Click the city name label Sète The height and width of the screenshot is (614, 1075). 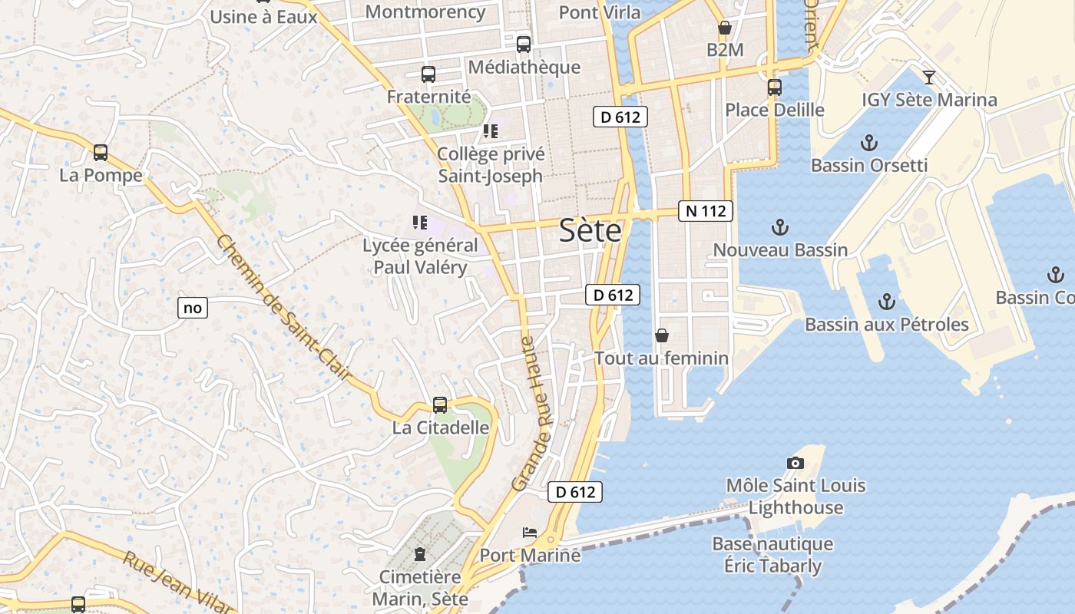pyautogui.click(x=590, y=230)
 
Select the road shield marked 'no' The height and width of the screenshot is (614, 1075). pyautogui.click(x=192, y=309)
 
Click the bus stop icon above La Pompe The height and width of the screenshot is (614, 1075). pyautogui.click(x=101, y=152)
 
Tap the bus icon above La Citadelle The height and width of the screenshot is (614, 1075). pyautogui.click(x=440, y=404)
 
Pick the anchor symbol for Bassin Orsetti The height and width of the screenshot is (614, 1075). pyautogui.click(x=869, y=143)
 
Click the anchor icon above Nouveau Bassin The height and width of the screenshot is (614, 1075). pyautogui.click(x=780, y=227)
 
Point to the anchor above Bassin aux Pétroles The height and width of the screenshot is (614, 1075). pyautogui.click(x=887, y=301)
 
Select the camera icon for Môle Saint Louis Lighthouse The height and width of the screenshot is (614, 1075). pyautogui.click(x=795, y=463)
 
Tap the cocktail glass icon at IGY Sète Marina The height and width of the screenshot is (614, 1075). pyautogui.click(x=929, y=77)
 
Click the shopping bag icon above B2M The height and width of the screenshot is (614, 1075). pyautogui.click(x=724, y=28)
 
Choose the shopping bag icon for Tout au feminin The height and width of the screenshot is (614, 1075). pyautogui.click(x=662, y=335)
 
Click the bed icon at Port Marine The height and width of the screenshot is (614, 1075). pyautogui.click(x=530, y=532)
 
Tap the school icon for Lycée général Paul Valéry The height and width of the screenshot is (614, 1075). pyautogui.click(x=419, y=223)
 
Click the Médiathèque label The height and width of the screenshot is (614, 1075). pyautogui.click(x=524, y=67)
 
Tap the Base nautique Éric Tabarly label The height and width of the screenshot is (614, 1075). pyautogui.click(x=772, y=555)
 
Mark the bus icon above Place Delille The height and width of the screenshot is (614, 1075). pyautogui.click(x=774, y=87)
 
